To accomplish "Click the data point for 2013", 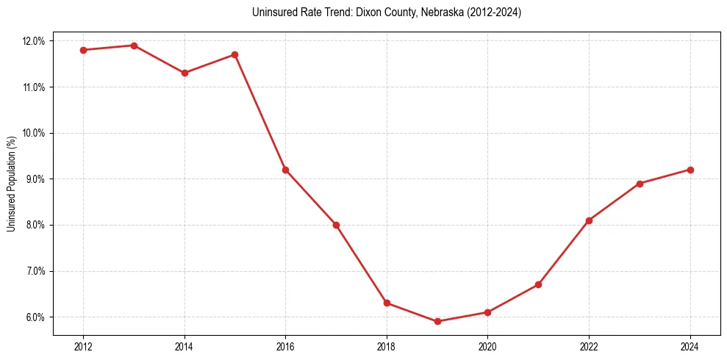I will [134, 46].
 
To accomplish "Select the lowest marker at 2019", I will [437, 321].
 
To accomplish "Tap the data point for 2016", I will [285, 170].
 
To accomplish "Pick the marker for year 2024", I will [690, 170].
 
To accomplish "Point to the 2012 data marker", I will [83, 50].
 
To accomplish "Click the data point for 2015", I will [234, 54].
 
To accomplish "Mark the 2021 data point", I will [538, 284].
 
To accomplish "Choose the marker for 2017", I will [336, 225].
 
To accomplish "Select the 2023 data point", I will [640, 184].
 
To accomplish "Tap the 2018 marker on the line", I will [387, 303].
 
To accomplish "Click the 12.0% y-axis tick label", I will [34, 41].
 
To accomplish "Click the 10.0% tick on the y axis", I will [34, 133].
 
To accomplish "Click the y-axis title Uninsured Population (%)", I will [11, 184].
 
